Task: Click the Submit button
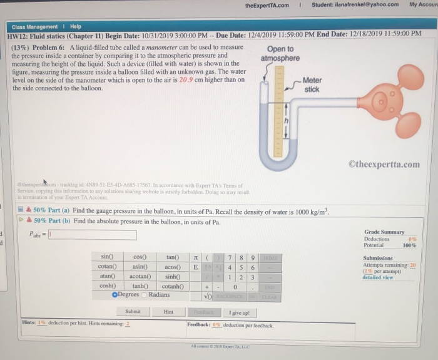tap(133, 311)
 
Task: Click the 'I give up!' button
tap(240, 312)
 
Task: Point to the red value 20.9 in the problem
tap(187, 80)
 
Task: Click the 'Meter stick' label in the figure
tap(312, 85)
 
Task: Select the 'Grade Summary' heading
tap(384, 232)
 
